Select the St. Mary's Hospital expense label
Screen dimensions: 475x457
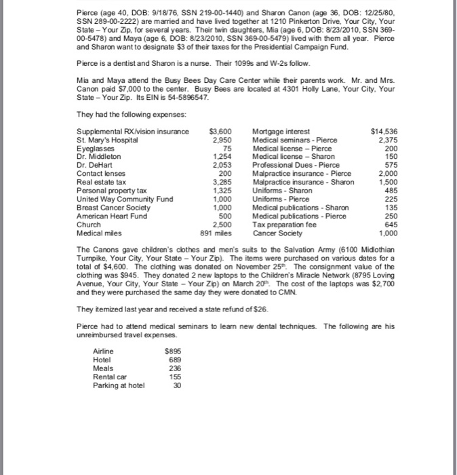[x=108, y=140]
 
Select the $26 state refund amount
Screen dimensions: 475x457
[x=235, y=309]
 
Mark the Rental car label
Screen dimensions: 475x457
[x=108, y=377]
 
